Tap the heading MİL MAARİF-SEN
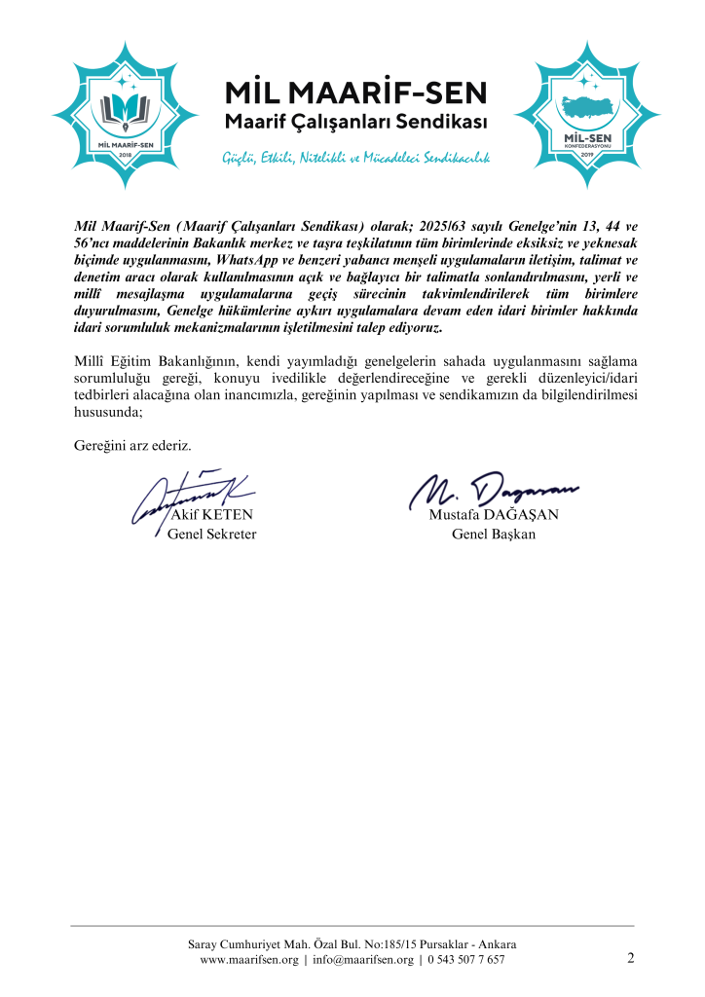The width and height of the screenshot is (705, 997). tap(355, 94)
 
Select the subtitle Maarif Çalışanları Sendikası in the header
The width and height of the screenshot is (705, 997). tap(355, 124)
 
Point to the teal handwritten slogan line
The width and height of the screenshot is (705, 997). tap(355, 157)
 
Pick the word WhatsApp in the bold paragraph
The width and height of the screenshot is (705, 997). tap(282, 261)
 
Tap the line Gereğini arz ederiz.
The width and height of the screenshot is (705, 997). tap(133, 446)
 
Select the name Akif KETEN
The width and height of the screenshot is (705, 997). tap(211, 516)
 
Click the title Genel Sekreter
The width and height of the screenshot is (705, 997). tap(212, 535)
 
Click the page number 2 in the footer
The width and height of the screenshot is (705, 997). tap(631, 959)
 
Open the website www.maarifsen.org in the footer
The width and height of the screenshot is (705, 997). tap(248, 960)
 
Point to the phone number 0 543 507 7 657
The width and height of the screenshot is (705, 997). tap(466, 960)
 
